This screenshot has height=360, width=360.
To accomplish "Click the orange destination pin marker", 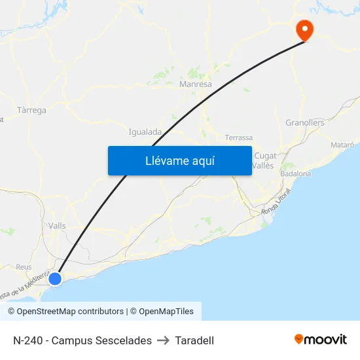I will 304,29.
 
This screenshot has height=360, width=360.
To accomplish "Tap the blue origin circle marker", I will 55,279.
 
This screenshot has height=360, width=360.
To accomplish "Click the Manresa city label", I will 195,84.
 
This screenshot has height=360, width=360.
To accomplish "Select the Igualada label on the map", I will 145,132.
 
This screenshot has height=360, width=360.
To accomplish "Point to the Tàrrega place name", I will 31,111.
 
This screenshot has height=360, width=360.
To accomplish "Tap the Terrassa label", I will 238,137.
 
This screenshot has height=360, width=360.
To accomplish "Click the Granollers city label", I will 305,122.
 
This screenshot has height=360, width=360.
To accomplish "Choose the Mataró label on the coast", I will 343,144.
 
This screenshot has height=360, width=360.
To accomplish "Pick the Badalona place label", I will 295,173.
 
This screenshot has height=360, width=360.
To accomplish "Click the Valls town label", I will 57,225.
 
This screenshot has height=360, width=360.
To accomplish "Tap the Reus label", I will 24,267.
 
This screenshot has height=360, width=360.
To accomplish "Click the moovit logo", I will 321,339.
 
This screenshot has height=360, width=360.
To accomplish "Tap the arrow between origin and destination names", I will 164,340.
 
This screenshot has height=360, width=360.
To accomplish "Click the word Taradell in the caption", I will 194,340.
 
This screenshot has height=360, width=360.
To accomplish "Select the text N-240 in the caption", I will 27,340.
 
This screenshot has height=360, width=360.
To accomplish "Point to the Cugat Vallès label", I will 264,160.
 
